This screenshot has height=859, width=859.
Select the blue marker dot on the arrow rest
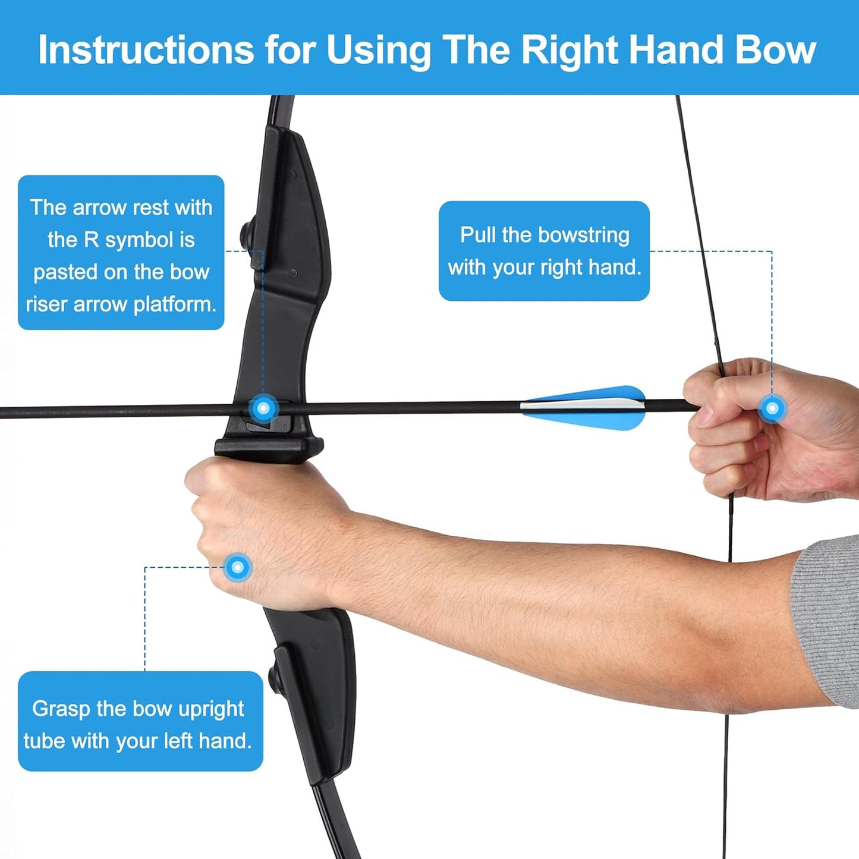click(264, 408)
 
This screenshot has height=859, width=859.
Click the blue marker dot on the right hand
click(772, 408)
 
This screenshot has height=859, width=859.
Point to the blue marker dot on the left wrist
click(238, 567)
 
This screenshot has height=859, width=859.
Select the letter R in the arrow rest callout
click(91, 240)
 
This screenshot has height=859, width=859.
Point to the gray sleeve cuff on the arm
click(829, 618)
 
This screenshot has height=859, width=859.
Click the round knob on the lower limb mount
click(275, 676)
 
